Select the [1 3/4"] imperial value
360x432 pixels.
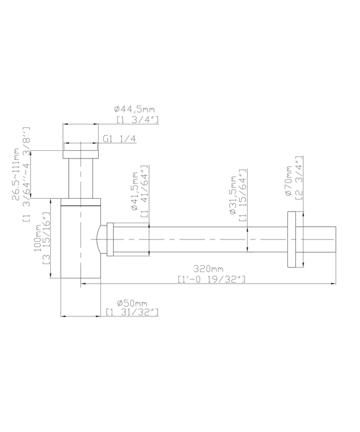[x=137, y=119]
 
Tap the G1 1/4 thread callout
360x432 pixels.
[x=120, y=140]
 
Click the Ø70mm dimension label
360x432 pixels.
[x=288, y=180]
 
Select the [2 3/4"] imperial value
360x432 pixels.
[x=298, y=177]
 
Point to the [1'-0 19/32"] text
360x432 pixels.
[x=210, y=279]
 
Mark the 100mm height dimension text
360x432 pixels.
[x=37, y=238]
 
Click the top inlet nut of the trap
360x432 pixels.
[x=80, y=154]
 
